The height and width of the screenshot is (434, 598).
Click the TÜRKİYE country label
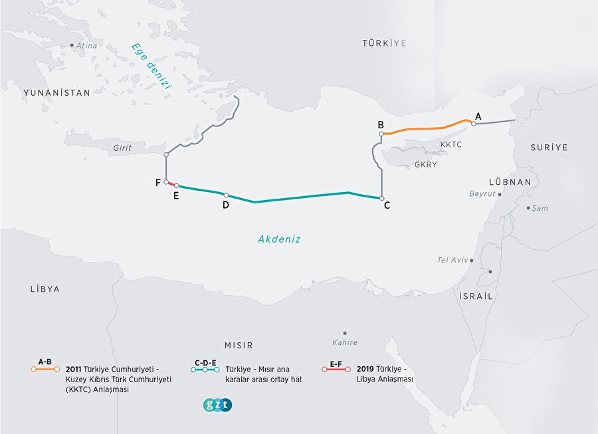click(383, 43)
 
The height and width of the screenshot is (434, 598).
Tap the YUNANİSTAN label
click(56, 93)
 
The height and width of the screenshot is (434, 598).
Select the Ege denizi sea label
click(151, 66)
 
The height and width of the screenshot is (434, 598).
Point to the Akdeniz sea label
click(279, 239)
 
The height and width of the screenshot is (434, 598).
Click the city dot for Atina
click(72, 45)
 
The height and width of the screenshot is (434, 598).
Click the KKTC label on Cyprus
click(450, 144)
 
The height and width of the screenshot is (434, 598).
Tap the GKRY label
click(425, 163)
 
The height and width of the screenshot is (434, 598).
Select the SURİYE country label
click(549, 148)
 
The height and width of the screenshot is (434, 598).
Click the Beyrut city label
click(482, 193)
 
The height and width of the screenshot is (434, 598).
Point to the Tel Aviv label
click(452, 260)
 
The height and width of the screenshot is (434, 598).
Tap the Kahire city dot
click(345, 333)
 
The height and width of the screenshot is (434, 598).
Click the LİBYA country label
click(45, 289)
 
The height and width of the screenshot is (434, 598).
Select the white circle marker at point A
click(474, 124)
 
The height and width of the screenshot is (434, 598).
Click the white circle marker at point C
click(381, 198)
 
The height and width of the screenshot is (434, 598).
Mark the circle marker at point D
click(226, 195)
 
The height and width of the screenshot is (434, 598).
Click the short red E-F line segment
click(171, 183)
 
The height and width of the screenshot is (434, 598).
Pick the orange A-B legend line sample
click(45, 369)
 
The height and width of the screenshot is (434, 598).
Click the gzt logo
click(217, 405)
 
